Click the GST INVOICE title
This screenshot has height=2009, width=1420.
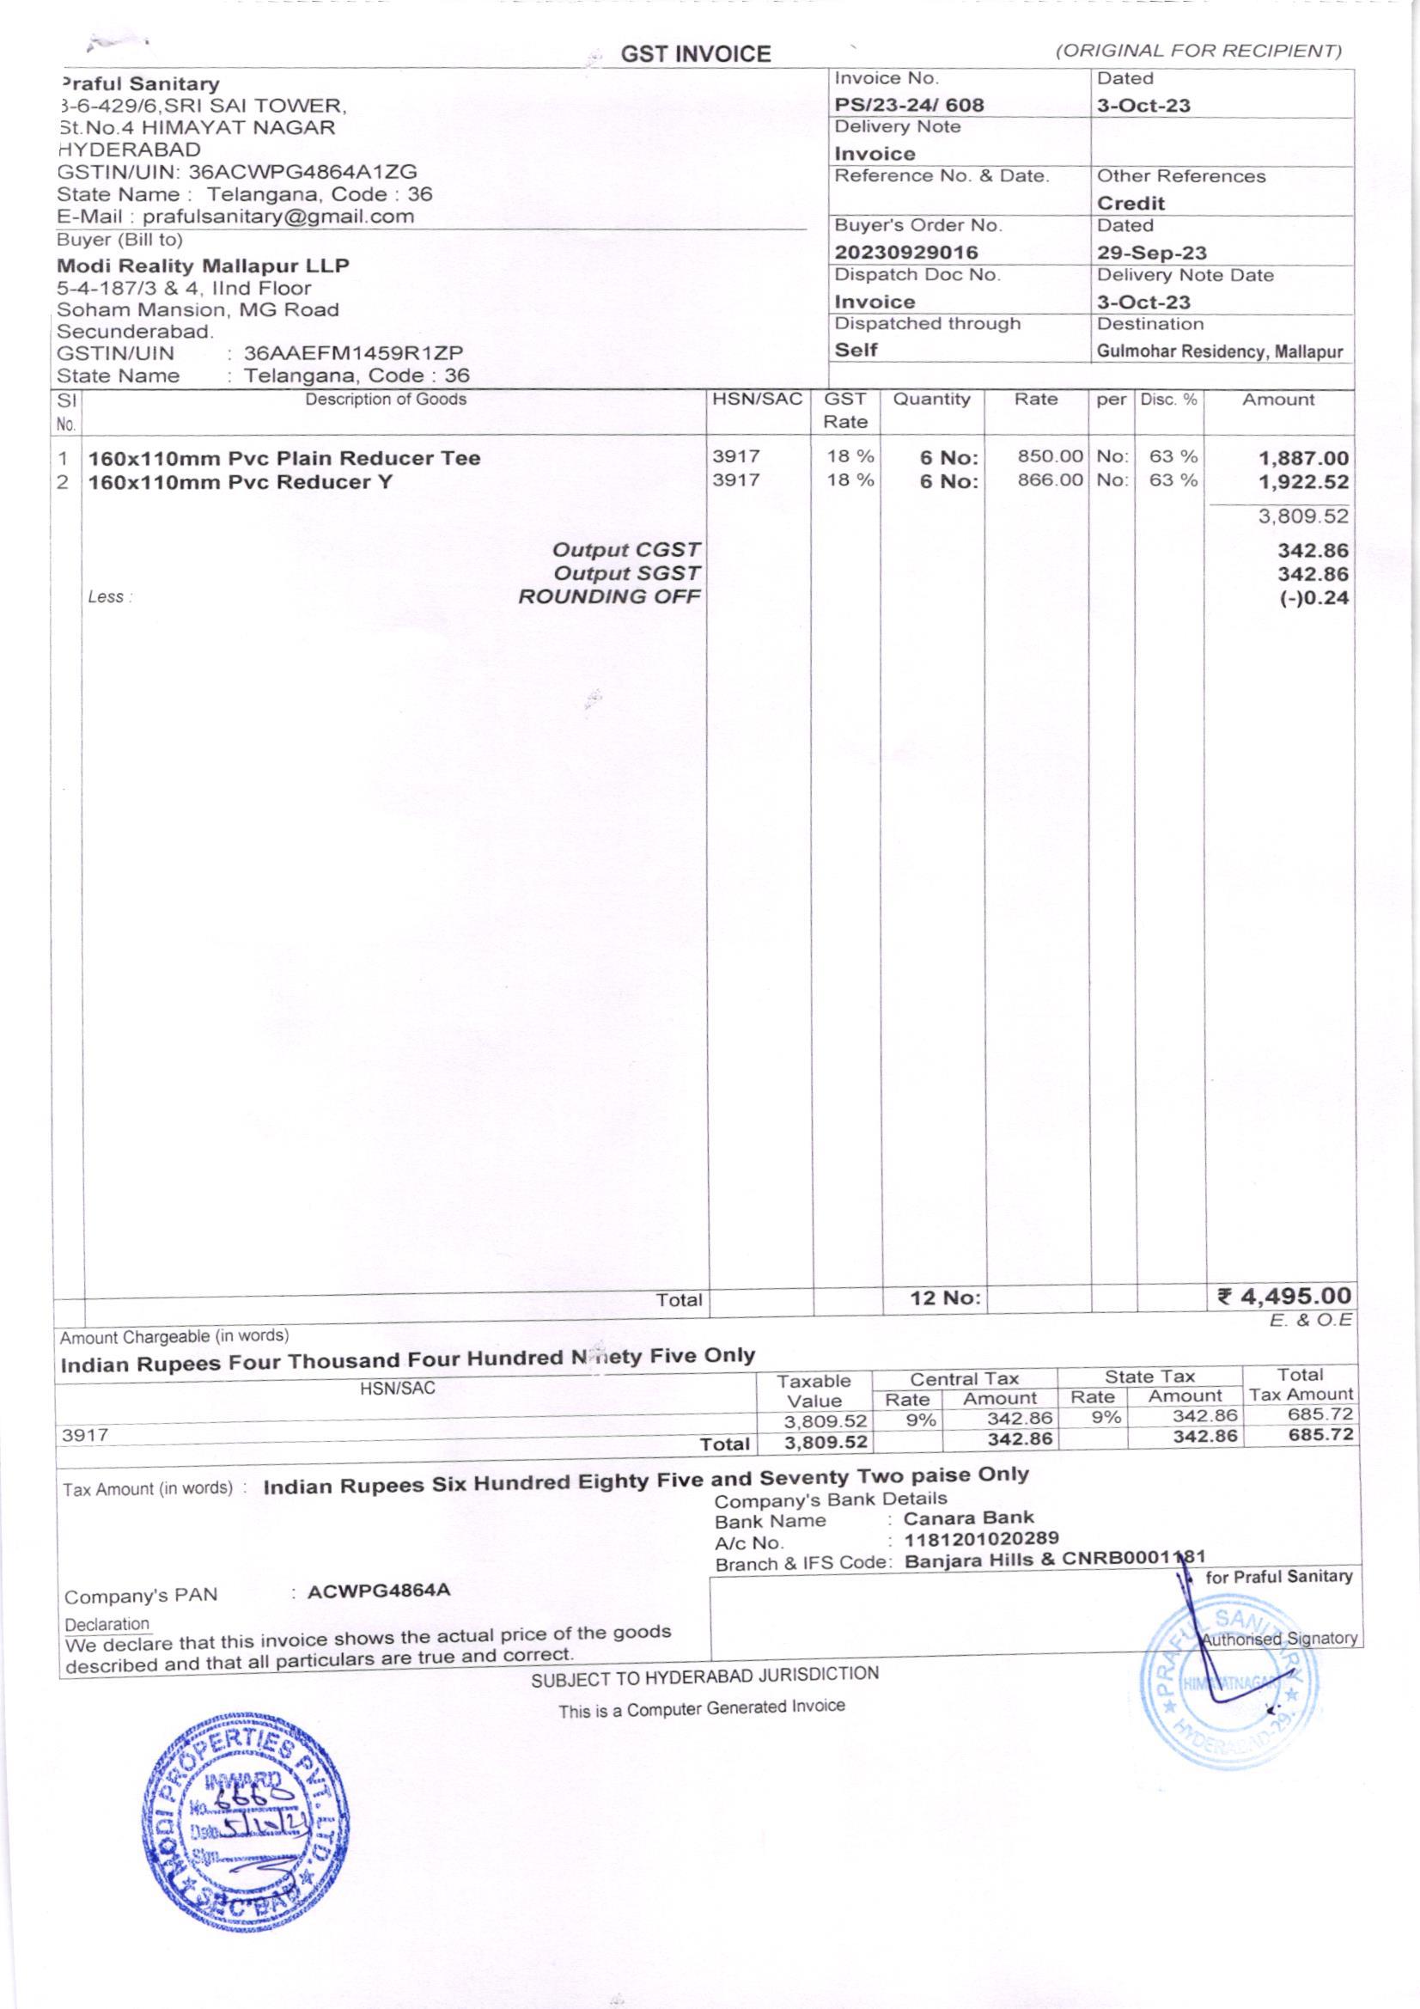[x=696, y=55]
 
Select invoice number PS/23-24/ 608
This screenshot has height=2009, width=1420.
[x=909, y=106]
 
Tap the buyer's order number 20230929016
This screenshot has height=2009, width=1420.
[x=905, y=253]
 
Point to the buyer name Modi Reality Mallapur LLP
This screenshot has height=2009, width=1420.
[x=203, y=266]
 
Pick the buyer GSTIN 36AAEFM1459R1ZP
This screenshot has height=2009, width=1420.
[x=352, y=353]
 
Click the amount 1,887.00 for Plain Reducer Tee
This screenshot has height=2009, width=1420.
[x=1303, y=459]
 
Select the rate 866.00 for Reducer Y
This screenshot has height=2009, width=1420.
[x=1050, y=481]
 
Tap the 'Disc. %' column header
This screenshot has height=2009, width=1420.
[x=1168, y=400]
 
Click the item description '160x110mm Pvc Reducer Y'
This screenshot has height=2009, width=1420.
[x=241, y=482]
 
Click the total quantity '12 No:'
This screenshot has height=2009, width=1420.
[x=945, y=1298]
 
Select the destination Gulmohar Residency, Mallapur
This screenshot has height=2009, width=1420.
[x=1220, y=352]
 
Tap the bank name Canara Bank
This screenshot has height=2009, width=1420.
[x=968, y=1517]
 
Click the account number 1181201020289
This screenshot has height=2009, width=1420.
[x=981, y=1538]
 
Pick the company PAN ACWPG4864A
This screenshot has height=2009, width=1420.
[x=379, y=1590]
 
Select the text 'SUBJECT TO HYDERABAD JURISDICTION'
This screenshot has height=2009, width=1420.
[x=704, y=1676]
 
